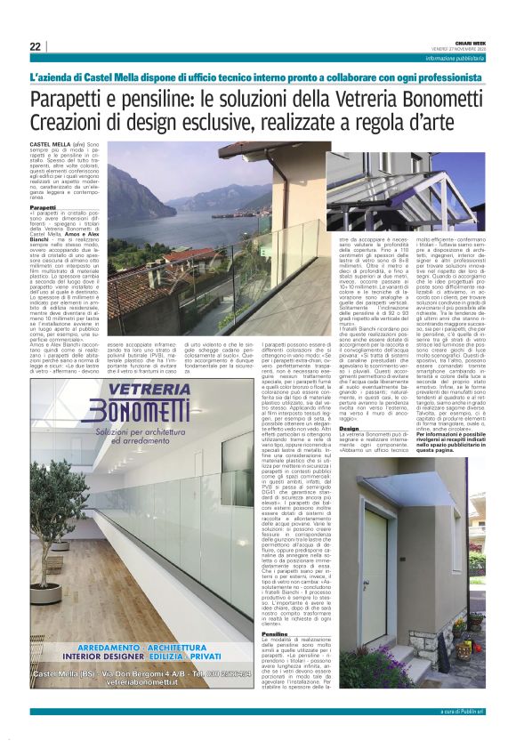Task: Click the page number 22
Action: pos(35,46)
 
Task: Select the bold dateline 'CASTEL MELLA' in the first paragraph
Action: pos(49,142)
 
